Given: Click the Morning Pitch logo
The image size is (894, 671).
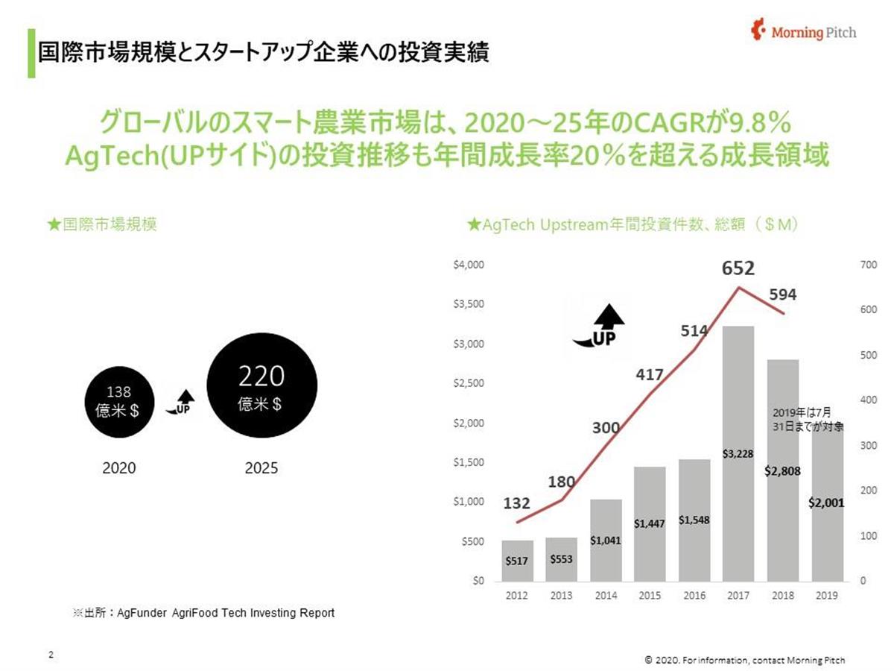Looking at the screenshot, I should (x=804, y=32).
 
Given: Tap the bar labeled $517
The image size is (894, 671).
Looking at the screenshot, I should (x=518, y=561).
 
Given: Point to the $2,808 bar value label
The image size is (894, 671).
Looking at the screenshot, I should (x=783, y=471).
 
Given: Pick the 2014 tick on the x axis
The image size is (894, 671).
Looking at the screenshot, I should (x=606, y=596).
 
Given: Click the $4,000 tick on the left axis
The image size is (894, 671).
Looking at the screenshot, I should (x=469, y=265).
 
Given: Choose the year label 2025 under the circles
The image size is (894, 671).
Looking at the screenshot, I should (x=261, y=469).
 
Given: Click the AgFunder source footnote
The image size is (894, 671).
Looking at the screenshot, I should (x=203, y=613).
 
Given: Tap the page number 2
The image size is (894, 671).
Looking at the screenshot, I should (x=51, y=655).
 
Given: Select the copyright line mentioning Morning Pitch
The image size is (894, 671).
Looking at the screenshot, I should (x=744, y=660).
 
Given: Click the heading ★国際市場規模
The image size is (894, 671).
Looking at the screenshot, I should (x=101, y=224).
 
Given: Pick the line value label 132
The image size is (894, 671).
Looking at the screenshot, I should (x=518, y=504).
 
